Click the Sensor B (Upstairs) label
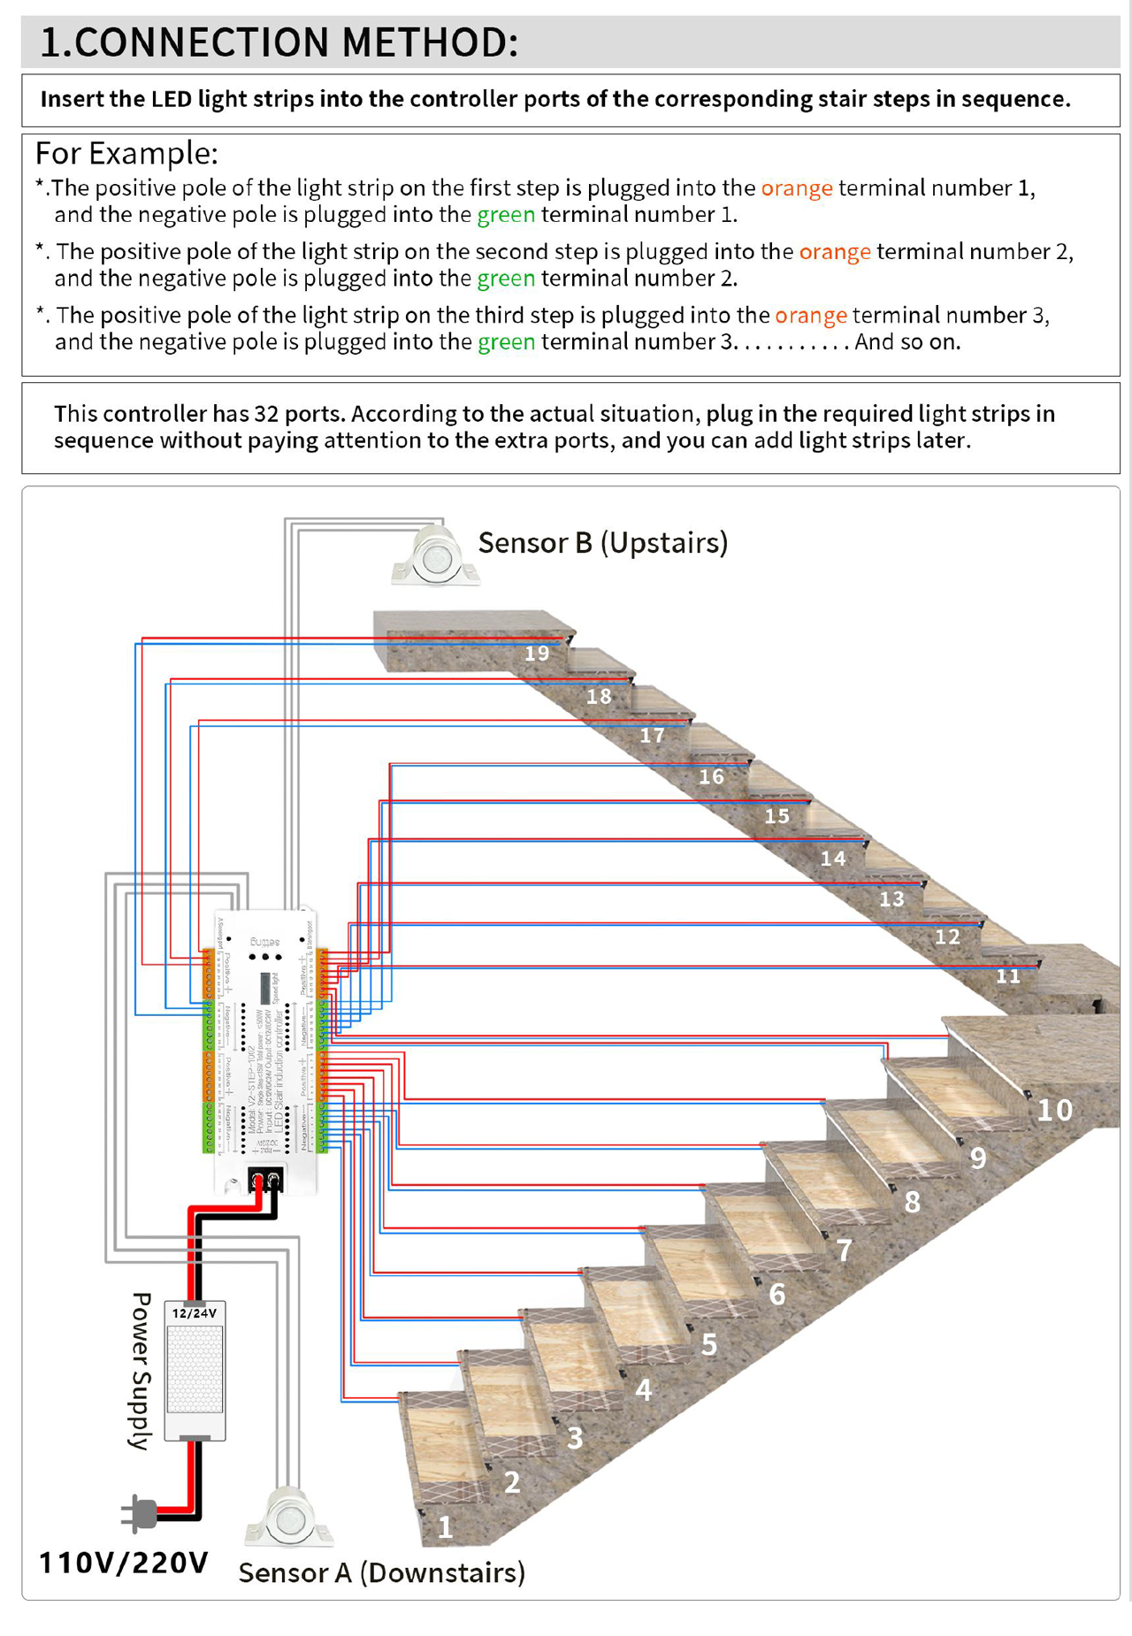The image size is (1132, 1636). (x=602, y=543)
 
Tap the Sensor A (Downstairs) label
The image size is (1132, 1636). (x=381, y=1572)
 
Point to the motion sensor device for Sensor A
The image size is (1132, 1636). (x=288, y=1519)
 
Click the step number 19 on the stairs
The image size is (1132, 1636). (x=537, y=654)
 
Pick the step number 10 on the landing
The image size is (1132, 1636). (x=1054, y=1110)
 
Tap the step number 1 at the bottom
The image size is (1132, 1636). (x=445, y=1527)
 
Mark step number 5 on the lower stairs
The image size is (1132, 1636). (x=709, y=1344)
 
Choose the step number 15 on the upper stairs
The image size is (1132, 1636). (x=776, y=816)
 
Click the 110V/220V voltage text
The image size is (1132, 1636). (x=123, y=1563)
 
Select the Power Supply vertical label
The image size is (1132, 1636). (x=141, y=1371)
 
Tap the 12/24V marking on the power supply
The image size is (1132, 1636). (x=194, y=1313)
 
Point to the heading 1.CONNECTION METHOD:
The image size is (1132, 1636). (x=279, y=42)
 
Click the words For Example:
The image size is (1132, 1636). (x=126, y=154)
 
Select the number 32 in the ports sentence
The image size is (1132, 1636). (x=267, y=414)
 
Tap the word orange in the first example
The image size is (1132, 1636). (x=797, y=188)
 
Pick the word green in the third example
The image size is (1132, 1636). (x=506, y=342)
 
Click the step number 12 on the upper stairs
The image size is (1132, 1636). (x=947, y=937)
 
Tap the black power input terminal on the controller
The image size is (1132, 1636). (x=265, y=1180)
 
